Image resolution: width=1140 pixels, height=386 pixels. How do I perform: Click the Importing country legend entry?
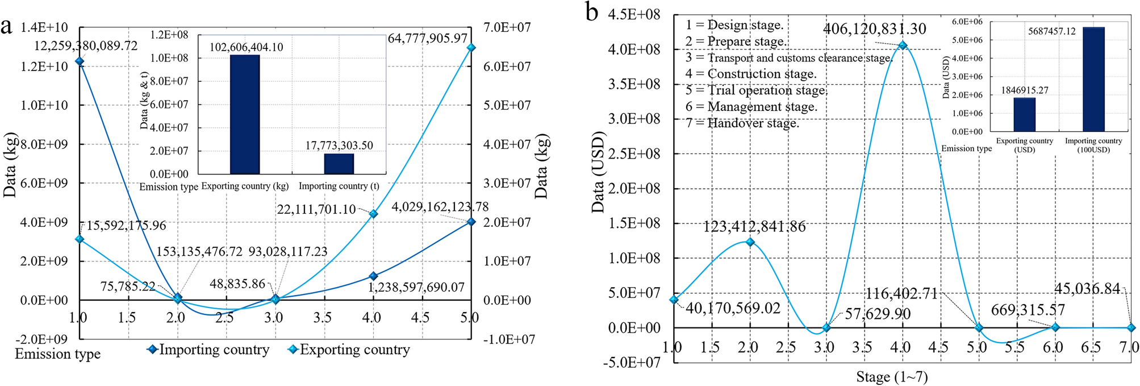[208, 350]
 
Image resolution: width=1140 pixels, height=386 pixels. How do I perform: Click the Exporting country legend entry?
[349, 350]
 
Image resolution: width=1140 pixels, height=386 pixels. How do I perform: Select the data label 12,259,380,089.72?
[86, 46]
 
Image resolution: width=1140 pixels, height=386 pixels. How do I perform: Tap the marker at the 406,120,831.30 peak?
[902, 45]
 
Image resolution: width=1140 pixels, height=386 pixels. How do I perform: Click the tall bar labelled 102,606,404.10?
[245, 114]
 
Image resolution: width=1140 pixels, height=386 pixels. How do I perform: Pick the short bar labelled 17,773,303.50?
[339, 164]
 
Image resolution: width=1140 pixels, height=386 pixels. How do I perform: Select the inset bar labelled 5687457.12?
[1093, 80]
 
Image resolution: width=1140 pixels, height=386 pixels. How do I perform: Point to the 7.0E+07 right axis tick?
[507, 27]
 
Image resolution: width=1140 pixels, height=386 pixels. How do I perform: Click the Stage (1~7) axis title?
[892, 377]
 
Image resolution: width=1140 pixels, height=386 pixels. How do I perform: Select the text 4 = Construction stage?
[750, 74]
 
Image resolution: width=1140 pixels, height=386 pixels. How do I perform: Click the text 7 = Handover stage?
[742, 123]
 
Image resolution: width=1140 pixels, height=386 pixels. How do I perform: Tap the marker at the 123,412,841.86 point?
[750, 242]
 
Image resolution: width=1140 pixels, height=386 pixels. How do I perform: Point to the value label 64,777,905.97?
[427, 39]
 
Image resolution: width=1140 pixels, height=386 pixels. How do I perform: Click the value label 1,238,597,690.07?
[416, 288]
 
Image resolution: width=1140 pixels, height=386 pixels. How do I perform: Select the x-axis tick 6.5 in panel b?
[1090, 347]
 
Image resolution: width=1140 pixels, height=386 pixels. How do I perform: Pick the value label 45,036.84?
[1087, 289]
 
